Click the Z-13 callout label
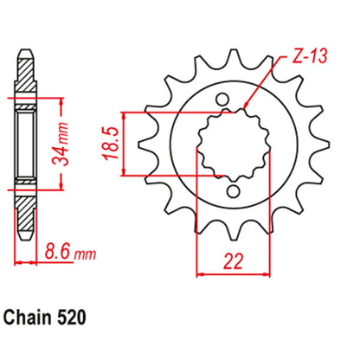(x=304, y=56)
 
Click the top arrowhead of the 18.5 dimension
(x=128, y=115)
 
